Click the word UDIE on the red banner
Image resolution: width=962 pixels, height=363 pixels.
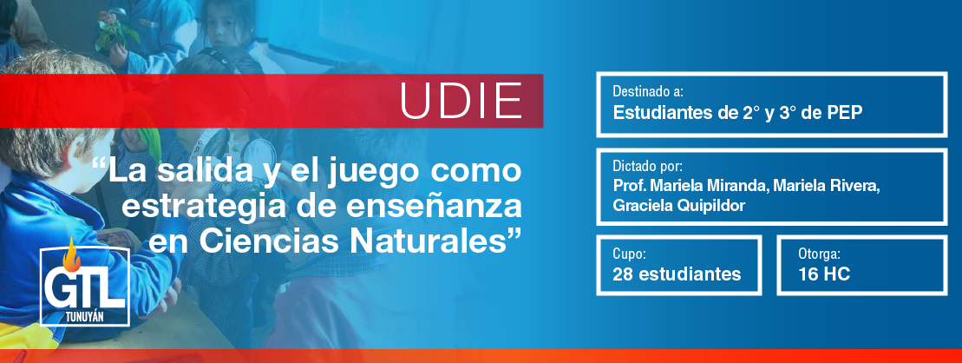461,101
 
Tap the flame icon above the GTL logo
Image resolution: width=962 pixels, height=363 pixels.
72,255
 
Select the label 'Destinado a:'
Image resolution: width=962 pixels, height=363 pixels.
648,93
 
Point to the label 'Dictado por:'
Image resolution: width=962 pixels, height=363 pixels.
647,167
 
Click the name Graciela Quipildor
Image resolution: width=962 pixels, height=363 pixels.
678,206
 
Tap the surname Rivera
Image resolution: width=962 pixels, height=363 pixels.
857,186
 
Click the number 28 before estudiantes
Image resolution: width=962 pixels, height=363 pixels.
623,274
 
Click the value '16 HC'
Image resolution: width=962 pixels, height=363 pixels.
824,274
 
